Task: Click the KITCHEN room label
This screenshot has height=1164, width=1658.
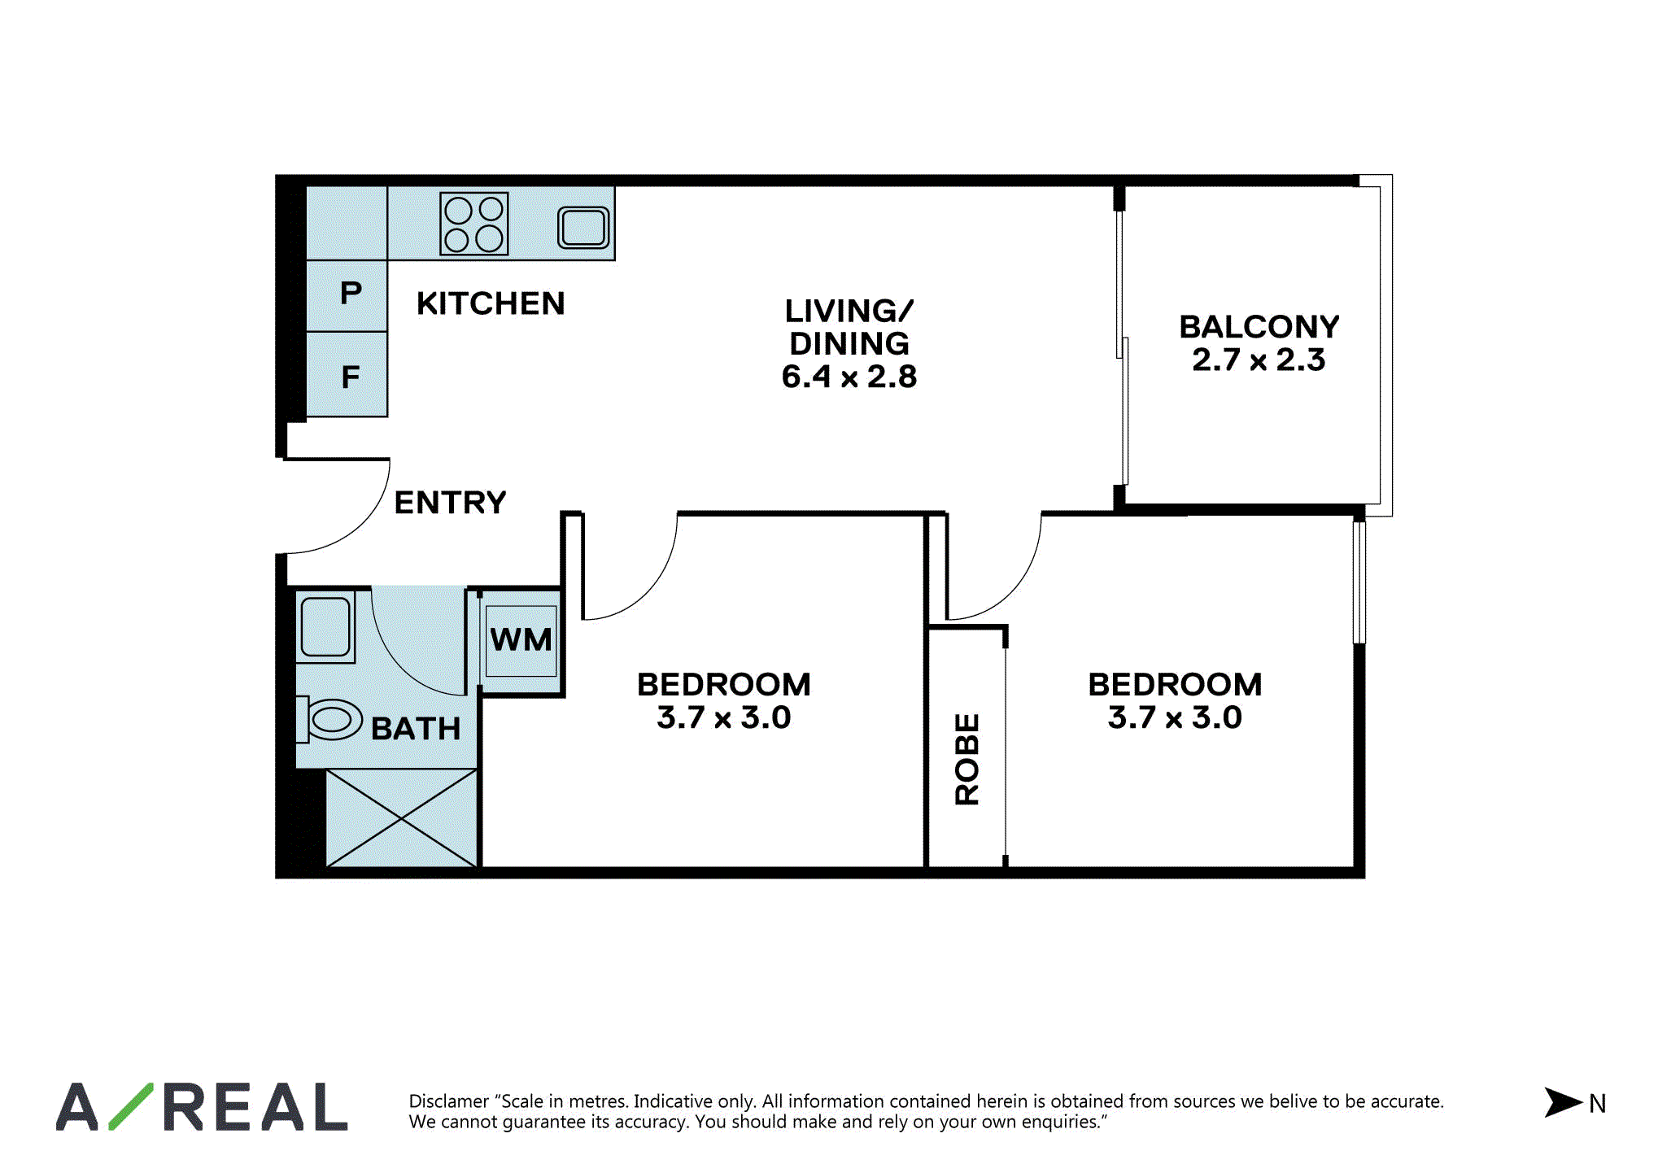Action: pos(491,303)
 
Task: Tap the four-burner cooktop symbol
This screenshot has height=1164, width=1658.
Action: pos(474,223)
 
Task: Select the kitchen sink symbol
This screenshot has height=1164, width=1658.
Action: pos(583,227)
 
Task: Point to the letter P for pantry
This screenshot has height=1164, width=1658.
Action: pos(351,292)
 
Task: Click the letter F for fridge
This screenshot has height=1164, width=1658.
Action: pos(351,377)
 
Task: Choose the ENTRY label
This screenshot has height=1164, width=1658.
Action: pos(450,503)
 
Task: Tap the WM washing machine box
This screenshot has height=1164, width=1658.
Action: pos(521,641)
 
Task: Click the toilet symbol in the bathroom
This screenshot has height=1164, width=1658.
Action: pos(329,720)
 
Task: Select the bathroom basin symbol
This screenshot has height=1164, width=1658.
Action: pos(325,627)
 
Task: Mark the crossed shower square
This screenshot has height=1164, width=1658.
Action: pos(401,818)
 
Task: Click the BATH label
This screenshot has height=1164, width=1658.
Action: pos(416,729)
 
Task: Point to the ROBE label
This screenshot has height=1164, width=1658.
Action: pos(967,760)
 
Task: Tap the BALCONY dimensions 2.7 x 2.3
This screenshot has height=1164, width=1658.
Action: pos(1259,360)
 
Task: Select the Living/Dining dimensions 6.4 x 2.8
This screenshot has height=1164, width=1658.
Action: pos(849,377)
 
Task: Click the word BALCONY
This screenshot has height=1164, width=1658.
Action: pos(1259,327)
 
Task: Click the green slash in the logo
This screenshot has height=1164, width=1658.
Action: pos(131,1106)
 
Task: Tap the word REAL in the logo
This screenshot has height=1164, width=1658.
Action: pos(255,1107)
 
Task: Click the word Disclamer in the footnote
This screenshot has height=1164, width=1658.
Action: pos(449,1101)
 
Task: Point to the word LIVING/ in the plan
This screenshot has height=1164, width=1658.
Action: pos(849,311)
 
